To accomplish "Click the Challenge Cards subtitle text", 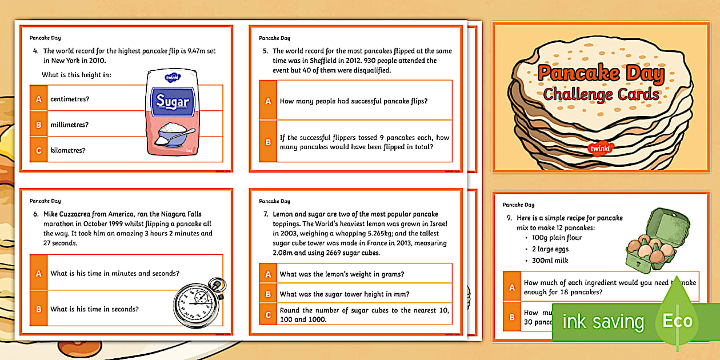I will (601, 94).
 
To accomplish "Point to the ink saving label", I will (603, 322).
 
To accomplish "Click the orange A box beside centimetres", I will (39, 99).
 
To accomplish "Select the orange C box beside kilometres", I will (39, 150).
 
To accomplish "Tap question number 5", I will (265, 51).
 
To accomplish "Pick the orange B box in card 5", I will (268, 142).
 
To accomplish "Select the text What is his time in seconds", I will (94, 309).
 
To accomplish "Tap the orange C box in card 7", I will (268, 315).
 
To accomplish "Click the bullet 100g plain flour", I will (549, 237).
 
